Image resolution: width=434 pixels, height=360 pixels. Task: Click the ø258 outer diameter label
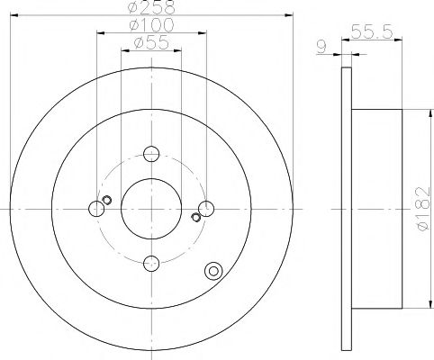(x=150, y=7)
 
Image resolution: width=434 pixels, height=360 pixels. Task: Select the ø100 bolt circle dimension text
(x=150, y=25)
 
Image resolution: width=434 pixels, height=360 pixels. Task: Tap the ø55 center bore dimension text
(x=150, y=43)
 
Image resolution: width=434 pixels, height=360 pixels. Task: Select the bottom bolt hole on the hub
(x=151, y=262)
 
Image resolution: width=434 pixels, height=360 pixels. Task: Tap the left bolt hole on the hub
(x=97, y=209)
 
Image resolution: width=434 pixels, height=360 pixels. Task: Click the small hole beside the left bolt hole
(x=106, y=200)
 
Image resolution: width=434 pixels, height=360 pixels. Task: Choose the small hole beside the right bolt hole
(x=196, y=217)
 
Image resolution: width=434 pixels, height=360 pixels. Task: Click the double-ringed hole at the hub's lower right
(x=213, y=270)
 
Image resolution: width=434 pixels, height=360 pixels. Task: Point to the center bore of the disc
(x=151, y=209)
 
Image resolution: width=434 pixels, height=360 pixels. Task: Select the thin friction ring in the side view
(x=347, y=209)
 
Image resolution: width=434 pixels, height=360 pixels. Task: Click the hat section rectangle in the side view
(x=373, y=209)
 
